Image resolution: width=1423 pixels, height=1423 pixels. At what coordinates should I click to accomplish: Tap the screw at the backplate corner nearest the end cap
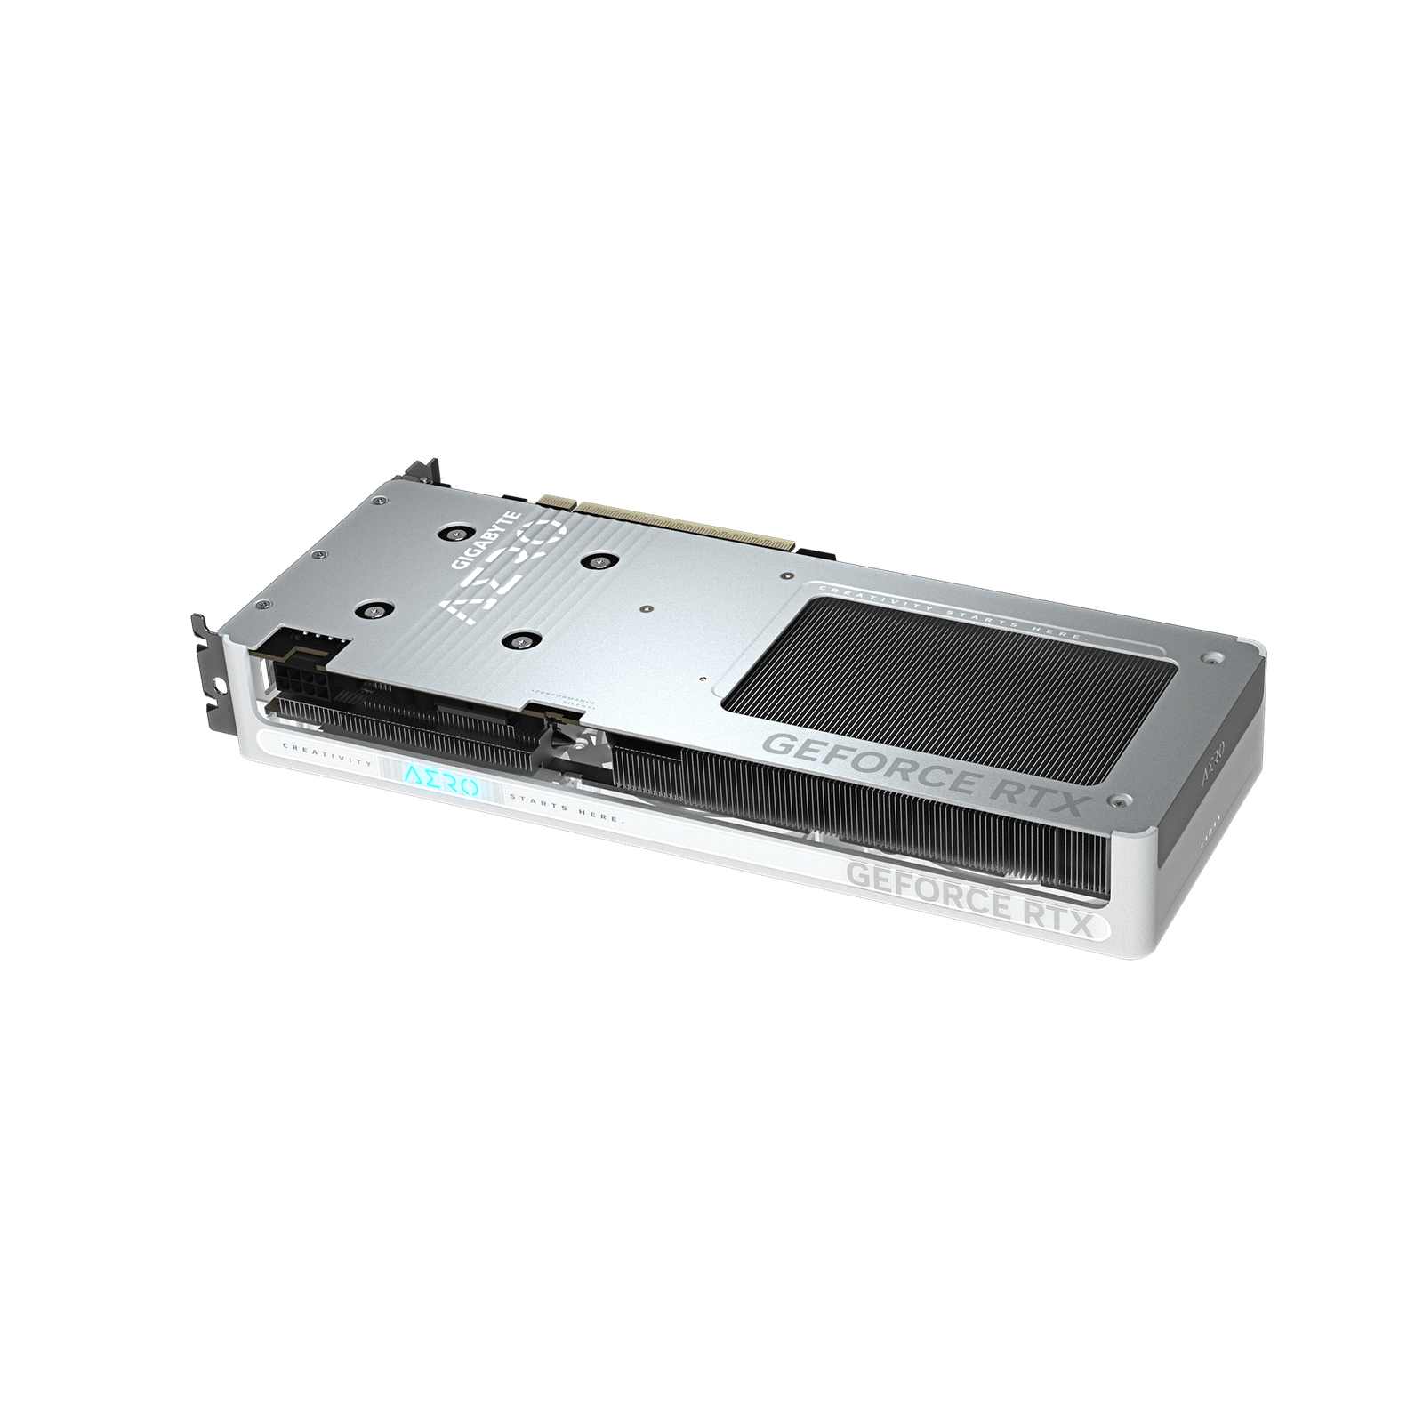pyautogui.click(x=1209, y=659)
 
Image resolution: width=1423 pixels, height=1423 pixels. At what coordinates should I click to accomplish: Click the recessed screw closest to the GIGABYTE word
pyautogui.click(x=456, y=534)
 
